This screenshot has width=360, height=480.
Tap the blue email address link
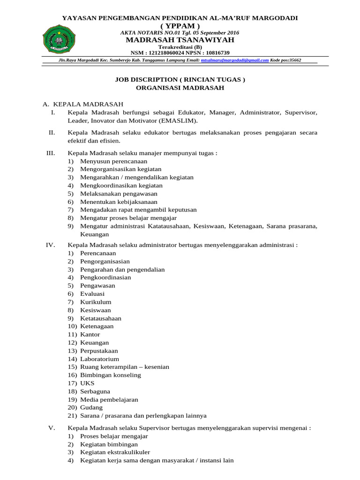(x=234, y=60)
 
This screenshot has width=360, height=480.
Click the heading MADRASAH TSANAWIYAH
(x=180, y=40)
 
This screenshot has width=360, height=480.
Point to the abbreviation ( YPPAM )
(x=180, y=25)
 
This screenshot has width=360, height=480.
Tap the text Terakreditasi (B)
(x=180, y=47)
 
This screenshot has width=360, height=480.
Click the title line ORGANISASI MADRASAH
(x=180, y=88)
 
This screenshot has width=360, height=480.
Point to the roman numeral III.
(x=51, y=153)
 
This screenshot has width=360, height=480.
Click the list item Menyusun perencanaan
(x=107, y=161)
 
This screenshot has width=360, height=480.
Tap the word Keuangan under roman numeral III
(x=94, y=234)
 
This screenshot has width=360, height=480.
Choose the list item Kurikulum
(x=96, y=302)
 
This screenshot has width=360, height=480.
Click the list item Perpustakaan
(x=99, y=351)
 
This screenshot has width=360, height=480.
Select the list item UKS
(x=87, y=383)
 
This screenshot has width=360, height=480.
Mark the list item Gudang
(x=91, y=407)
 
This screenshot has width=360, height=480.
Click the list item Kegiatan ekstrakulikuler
(x=115, y=452)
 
